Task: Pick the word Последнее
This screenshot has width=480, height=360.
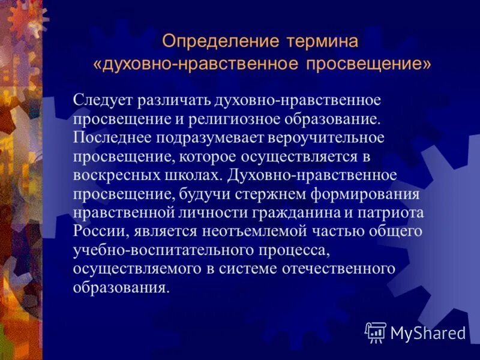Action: [x=112, y=138]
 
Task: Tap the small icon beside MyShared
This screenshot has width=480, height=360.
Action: [x=375, y=331]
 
